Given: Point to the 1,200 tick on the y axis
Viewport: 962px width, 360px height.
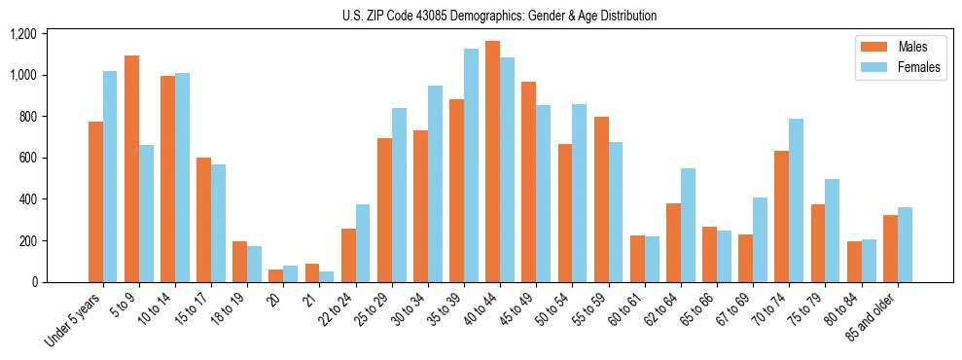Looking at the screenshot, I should click(x=23, y=34).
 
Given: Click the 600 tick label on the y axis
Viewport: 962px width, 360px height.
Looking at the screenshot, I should click(x=27, y=158).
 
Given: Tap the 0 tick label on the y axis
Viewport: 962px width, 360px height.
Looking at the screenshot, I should click(x=34, y=282).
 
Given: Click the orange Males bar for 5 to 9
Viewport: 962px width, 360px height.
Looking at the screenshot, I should click(x=131, y=168).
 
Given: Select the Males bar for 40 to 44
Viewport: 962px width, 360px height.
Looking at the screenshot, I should click(x=492, y=162).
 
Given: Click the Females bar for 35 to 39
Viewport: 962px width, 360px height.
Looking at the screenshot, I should click(x=471, y=165).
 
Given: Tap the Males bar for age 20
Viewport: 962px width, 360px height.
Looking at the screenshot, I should click(x=276, y=275).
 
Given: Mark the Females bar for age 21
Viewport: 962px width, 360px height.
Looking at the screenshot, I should click(x=327, y=276).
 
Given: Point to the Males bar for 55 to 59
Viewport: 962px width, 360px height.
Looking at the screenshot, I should click(x=601, y=199).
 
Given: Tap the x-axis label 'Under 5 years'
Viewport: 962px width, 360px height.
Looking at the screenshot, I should click(x=74, y=320).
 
